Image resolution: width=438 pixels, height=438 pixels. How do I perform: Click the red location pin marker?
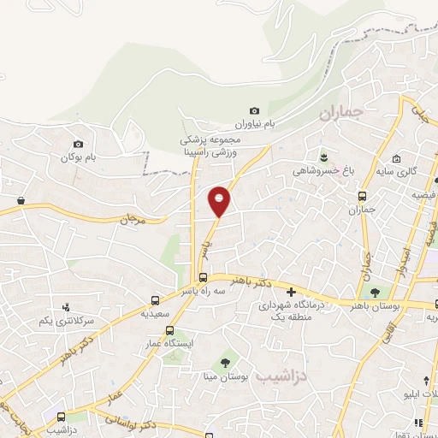point(220,200)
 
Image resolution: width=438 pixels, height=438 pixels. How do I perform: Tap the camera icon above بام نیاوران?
point(255,110)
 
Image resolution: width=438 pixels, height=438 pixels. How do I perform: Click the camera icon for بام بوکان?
point(79,144)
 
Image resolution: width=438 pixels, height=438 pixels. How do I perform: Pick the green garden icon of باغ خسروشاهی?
point(324,156)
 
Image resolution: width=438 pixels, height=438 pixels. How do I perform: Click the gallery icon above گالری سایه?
point(396,159)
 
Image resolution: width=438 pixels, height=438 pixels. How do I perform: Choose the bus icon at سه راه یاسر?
point(204,277)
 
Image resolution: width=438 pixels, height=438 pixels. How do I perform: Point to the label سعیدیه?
point(155,314)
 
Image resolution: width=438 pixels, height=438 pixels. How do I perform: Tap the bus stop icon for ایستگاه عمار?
point(169,330)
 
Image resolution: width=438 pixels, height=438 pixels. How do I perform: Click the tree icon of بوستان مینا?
point(226,361)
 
